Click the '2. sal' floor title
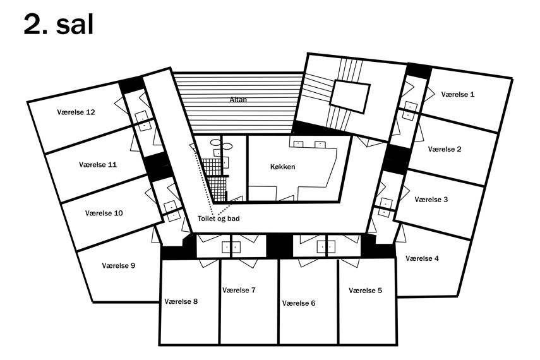coord(59,25)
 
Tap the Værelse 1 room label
coord(458,94)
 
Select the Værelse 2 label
coord(444,149)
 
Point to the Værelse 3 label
coord(431,200)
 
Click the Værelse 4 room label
coord(422,258)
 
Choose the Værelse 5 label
coord(365,291)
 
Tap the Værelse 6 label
coord(299,303)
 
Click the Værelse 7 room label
coord(239,290)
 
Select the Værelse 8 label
coord(181,301)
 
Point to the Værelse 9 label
coord(119,266)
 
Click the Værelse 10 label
coord(104,213)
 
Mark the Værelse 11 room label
coord(98,164)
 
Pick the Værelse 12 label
coord(76,112)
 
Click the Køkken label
coord(283,167)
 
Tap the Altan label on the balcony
coord(238,100)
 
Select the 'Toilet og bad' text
coord(219,219)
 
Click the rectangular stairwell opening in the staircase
coord(350,97)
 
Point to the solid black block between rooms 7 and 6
coord(280,246)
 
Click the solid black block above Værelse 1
coord(419,71)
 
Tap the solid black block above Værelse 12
coord(131,85)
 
